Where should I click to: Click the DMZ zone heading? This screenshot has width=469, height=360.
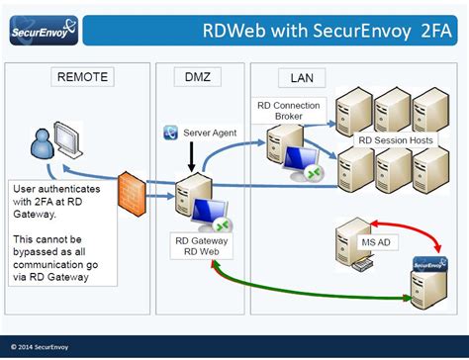[x=199, y=76]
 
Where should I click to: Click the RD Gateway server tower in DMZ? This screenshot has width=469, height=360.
[x=185, y=198]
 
